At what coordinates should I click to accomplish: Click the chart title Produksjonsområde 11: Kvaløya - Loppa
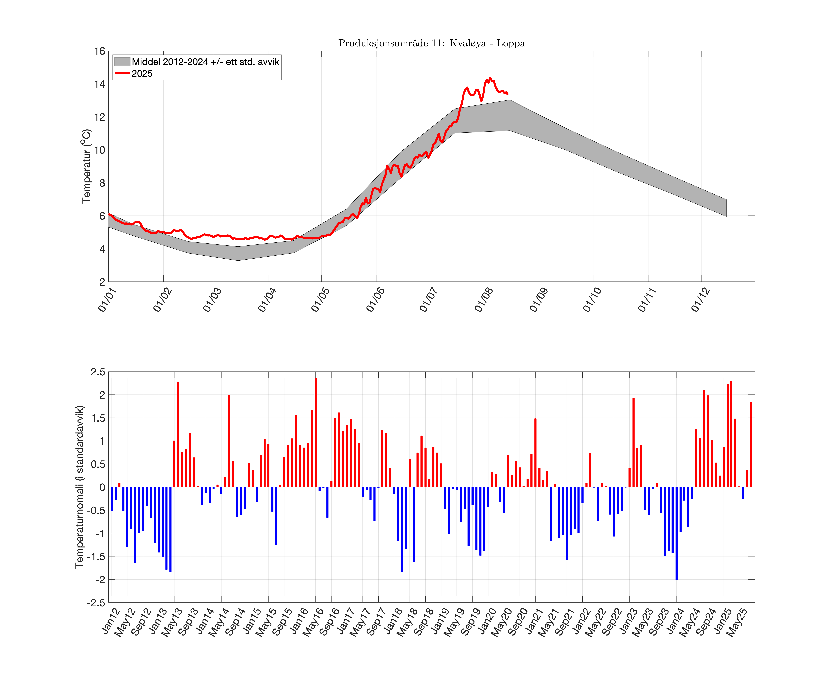[431, 43]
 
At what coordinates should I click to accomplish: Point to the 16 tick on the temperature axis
[100, 51]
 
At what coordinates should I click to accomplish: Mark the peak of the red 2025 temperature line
[490, 78]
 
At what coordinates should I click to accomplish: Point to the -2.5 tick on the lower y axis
[96, 603]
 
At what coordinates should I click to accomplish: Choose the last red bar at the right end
[751, 445]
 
